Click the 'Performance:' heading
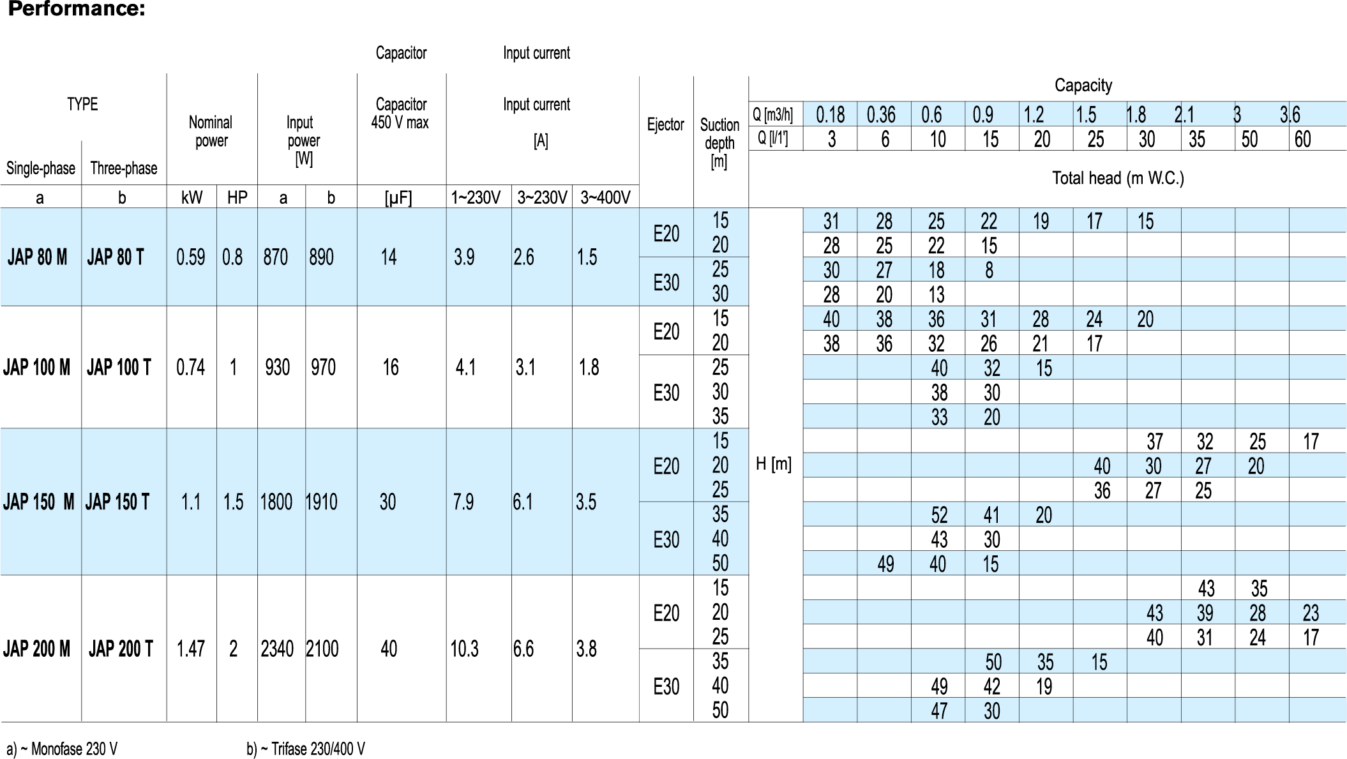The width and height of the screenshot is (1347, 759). pos(77,10)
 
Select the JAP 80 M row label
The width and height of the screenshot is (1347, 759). pos(37,257)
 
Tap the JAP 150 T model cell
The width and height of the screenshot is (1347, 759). pos(117,502)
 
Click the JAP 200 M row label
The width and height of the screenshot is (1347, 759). pos(36,649)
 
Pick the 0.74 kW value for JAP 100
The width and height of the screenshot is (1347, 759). pos(191,367)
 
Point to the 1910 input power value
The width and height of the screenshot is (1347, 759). pos(322,502)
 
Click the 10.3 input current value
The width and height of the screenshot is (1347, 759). pos(464,649)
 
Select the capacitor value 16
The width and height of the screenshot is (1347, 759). pos(390,367)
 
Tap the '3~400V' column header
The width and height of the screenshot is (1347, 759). pos(605,198)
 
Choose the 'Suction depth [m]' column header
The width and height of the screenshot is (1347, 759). pos(719,142)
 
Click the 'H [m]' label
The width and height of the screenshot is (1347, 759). pos(774,464)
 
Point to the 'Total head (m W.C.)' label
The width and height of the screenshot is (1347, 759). pos(1118,177)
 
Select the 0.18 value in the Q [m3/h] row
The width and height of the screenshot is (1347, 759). pos(830,115)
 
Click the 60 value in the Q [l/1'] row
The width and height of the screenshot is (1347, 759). pos(1302,139)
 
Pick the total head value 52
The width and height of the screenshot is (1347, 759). pos(939,515)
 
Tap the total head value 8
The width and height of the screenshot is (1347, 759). pos(989,270)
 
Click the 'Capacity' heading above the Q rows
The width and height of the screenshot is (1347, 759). pos(1083,85)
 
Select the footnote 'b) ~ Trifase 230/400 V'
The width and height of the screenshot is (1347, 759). pos(306,749)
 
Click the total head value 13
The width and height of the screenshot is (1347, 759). pos(936,295)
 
